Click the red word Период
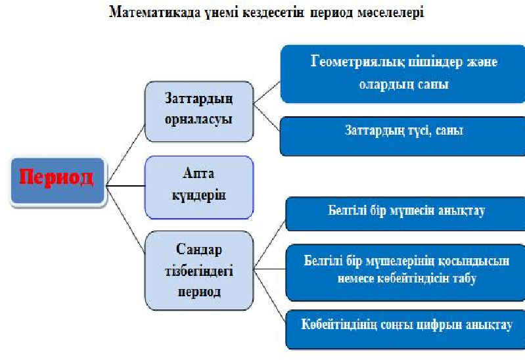coord(55,177)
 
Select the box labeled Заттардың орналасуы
coord(198,111)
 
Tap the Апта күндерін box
coord(198,187)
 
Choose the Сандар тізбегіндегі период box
coord(198,270)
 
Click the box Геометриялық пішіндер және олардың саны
coord(402,74)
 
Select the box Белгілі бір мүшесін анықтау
coord(405,212)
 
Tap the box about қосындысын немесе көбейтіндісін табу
coord(405,269)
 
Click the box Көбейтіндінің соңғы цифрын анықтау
coord(405,325)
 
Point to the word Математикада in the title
coord(144,12)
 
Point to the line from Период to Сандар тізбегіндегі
coord(125,214)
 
